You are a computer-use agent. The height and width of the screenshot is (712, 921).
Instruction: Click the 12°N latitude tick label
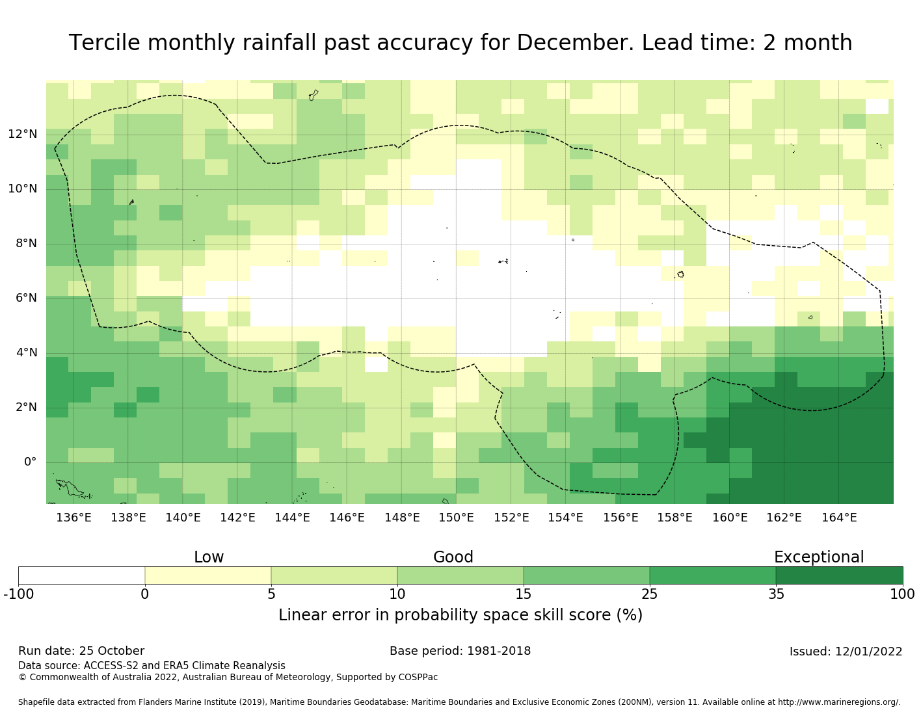[x=22, y=135]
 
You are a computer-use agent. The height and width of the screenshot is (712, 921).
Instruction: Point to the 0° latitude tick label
[x=30, y=462]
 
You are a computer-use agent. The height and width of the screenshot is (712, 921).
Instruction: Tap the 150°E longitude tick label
[x=456, y=518]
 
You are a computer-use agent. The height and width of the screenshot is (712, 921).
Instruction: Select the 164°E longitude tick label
[x=839, y=518]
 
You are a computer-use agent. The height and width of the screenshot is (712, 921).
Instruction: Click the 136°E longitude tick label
[x=73, y=518]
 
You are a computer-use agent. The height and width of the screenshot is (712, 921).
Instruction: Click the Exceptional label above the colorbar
[x=818, y=557]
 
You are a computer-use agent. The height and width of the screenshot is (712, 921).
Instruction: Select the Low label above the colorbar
[x=209, y=557]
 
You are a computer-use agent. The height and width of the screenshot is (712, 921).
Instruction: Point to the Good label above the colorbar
[x=453, y=557]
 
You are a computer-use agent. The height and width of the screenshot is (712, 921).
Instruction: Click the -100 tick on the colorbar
[x=18, y=594]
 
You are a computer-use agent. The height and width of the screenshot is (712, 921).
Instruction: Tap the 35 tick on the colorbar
[x=776, y=594]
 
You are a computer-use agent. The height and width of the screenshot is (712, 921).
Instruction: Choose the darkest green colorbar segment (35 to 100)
[x=839, y=575]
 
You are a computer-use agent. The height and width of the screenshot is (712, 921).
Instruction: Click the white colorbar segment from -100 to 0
[x=81, y=575]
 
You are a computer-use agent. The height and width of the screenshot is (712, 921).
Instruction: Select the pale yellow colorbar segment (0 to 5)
[x=207, y=575]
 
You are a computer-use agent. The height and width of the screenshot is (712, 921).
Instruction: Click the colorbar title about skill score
[x=461, y=615]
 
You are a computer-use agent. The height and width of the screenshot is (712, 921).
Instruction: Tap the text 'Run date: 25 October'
[x=81, y=651]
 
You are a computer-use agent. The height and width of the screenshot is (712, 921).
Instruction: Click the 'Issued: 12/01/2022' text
[x=846, y=652]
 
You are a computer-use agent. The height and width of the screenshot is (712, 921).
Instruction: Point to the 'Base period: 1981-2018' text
[x=460, y=651]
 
